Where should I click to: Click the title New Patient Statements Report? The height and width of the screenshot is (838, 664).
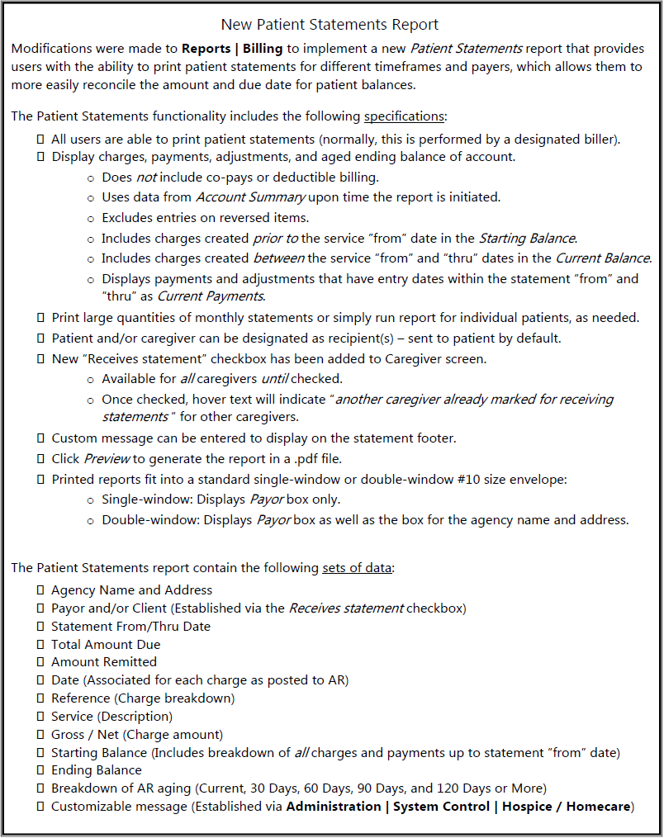[x=330, y=25]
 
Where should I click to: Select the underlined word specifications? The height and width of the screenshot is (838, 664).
[x=404, y=116]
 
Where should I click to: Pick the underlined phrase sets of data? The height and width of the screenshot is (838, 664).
[x=358, y=568]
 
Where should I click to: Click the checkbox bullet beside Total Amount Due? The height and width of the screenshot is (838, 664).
[x=40, y=644]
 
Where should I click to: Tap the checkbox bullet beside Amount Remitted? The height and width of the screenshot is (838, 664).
[x=40, y=662]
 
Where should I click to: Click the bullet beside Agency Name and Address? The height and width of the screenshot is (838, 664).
[x=40, y=590]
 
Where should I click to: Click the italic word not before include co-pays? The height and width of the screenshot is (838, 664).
[x=146, y=177]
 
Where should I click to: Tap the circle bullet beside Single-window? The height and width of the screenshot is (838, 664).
[x=90, y=500]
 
